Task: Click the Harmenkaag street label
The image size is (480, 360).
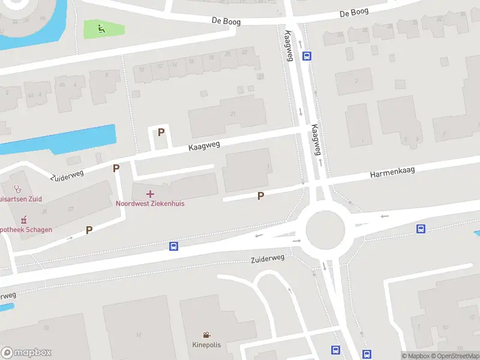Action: coord(392,173)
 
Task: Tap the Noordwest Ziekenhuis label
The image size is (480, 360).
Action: coord(150,203)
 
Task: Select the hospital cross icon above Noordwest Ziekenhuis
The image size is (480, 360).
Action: coord(150,193)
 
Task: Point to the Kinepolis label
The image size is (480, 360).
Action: coord(206,345)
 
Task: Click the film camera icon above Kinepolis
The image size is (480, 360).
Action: coord(206,335)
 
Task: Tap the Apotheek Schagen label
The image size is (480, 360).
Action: coord(26,230)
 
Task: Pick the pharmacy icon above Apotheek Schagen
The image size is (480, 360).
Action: coord(24,220)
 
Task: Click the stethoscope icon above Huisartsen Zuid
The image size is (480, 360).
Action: coord(17,188)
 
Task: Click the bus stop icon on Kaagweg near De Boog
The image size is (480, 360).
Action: coord(307,56)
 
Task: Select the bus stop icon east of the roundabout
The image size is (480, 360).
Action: coord(421,229)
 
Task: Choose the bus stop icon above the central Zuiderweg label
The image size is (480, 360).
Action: coord(173,246)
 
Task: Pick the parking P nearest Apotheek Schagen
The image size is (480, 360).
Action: coord(89,230)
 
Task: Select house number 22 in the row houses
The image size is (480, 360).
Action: coord(244,52)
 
